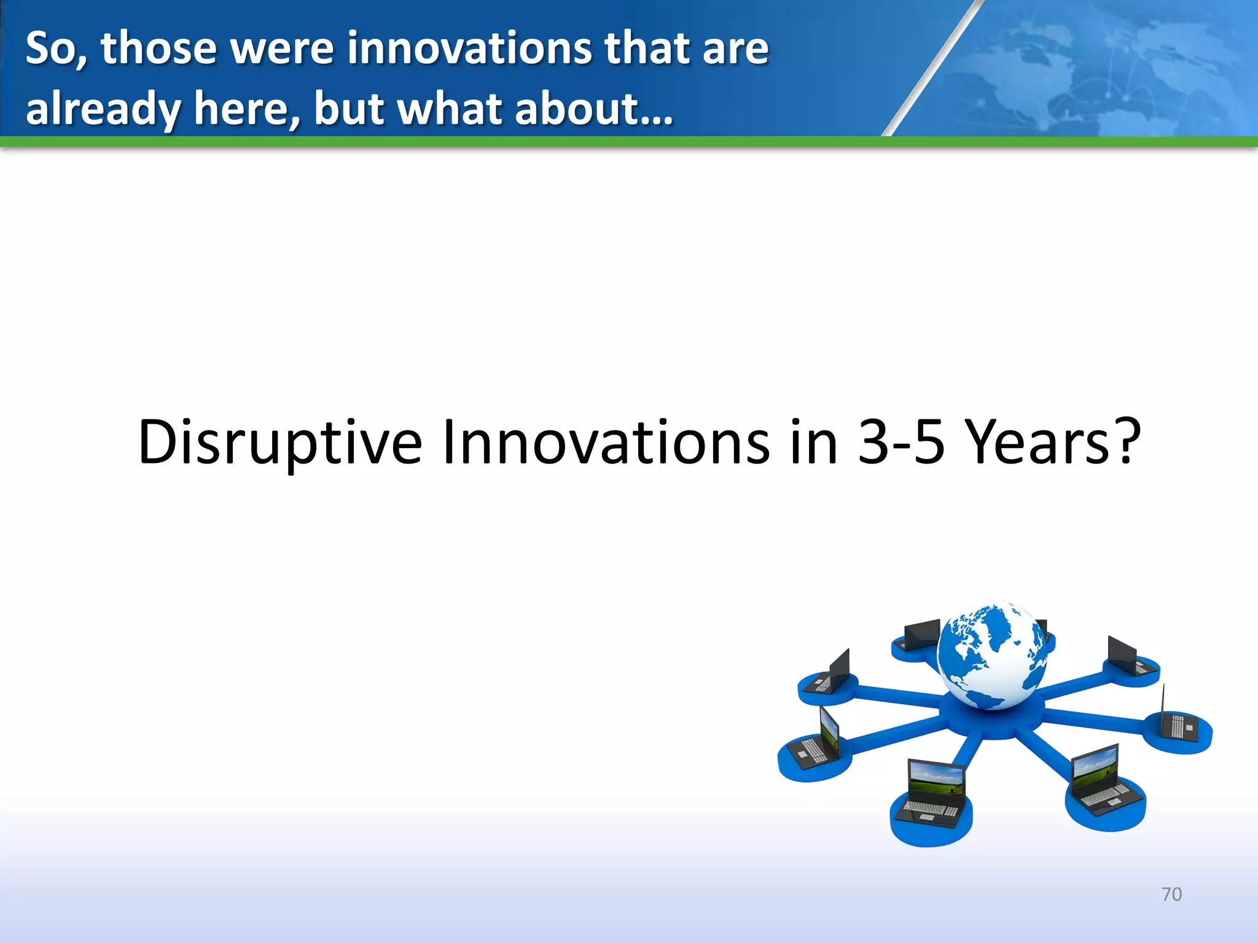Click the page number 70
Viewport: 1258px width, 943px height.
pyautogui.click(x=1171, y=894)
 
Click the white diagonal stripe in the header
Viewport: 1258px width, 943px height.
pyautogui.click(x=931, y=68)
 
